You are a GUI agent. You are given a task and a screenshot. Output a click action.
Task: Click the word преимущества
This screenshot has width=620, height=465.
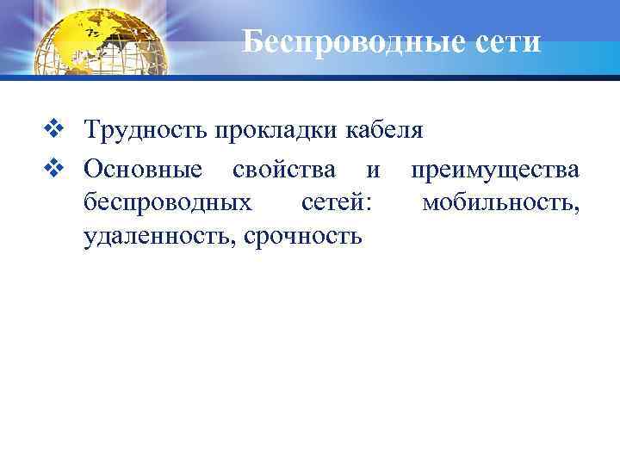point(495,170)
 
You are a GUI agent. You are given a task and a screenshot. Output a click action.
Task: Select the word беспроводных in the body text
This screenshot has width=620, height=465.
point(168,202)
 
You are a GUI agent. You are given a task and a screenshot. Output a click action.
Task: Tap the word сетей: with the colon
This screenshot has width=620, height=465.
point(338,202)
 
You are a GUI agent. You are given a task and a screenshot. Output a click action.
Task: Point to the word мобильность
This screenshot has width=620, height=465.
point(499,202)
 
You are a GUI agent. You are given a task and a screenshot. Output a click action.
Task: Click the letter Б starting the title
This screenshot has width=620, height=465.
point(252,40)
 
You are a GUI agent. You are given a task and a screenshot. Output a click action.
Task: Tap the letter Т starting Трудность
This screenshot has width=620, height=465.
point(90,132)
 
